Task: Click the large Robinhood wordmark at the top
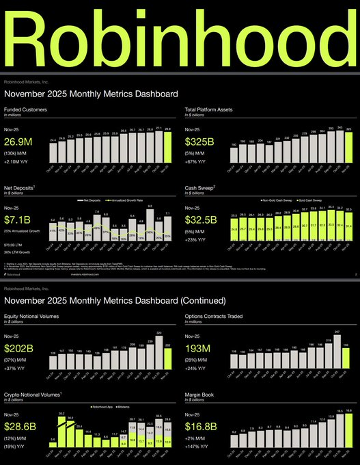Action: (x=180, y=38)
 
